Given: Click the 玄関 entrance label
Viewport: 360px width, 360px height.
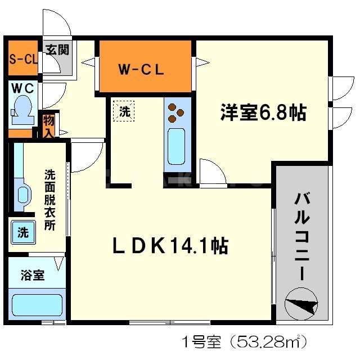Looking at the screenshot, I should [57, 49].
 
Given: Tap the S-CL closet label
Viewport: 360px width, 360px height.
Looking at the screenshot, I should [22, 59].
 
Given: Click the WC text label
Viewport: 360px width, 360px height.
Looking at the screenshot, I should [22, 88].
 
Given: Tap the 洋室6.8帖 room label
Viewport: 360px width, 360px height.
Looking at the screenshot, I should [263, 112].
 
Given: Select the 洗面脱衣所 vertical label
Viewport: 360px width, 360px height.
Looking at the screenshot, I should [50, 200].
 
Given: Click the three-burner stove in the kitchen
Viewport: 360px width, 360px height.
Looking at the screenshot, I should [176, 112].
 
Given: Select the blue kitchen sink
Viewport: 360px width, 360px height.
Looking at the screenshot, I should [176, 146].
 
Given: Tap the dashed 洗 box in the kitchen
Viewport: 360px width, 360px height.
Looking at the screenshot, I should [124, 111].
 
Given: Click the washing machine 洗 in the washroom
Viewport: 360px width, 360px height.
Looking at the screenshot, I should [23, 232].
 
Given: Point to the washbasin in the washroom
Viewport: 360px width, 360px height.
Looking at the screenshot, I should [22, 194].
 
